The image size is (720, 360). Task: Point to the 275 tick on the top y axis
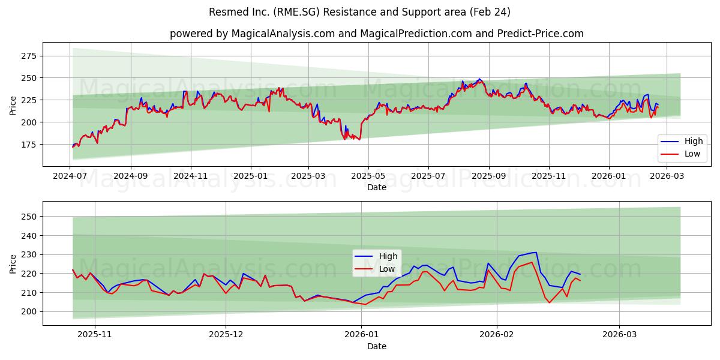coord(29,56)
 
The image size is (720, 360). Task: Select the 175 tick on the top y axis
coord(29,145)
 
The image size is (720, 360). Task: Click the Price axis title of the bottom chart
coord(13,263)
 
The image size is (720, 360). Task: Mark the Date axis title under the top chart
coord(377,188)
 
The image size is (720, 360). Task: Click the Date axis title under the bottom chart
coord(377,347)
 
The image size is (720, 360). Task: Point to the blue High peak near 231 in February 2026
coord(535,252)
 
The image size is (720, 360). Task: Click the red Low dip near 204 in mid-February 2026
coord(549,302)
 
